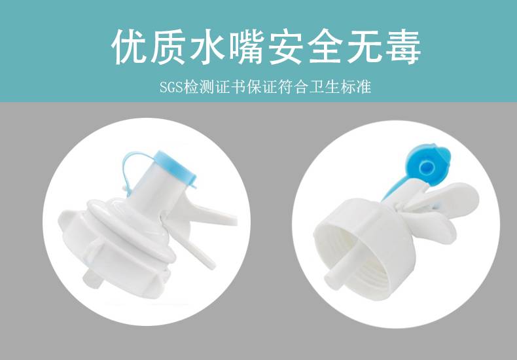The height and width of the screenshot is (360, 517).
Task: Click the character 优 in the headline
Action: pos(130,47)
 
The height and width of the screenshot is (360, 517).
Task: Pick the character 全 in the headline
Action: pos(325,47)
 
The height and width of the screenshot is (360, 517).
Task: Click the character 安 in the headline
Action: pos(287,47)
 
